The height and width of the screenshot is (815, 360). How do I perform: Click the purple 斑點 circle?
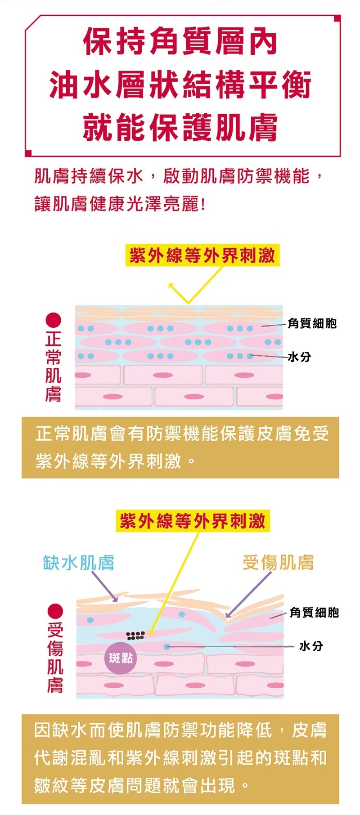[x=121, y=658]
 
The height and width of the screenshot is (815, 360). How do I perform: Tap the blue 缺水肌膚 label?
[x=79, y=562]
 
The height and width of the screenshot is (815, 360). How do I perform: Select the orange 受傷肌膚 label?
[x=278, y=562]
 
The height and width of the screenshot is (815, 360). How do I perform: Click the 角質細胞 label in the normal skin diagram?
[x=312, y=323]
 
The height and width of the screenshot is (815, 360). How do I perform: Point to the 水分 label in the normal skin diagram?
[x=299, y=357]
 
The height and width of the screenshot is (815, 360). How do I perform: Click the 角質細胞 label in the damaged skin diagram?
[x=314, y=612]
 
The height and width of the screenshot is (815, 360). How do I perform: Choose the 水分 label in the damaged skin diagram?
[x=311, y=646]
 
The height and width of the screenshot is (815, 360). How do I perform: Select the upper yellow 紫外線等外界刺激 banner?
[x=202, y=255]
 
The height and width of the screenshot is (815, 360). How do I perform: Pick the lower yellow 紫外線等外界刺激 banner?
[x=193, y=521]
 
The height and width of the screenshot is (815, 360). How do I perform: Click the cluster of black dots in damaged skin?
[x=135, y=635]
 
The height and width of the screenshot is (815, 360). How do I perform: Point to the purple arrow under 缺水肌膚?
[x=105, y=587]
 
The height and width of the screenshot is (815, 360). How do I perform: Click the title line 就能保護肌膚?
[x=180, y=127]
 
